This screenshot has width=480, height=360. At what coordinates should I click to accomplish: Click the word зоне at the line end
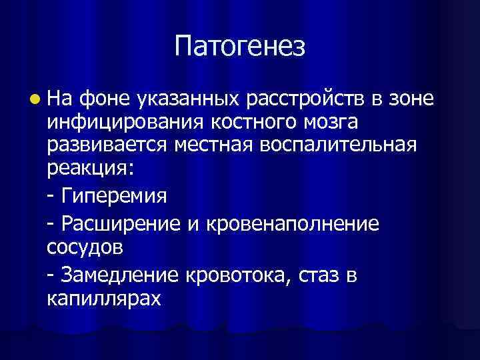(x=411, y=99)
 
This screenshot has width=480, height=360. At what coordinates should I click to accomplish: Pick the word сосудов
(x=85, y=248)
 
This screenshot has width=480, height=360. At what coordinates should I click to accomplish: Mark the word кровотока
(x=240, y=275)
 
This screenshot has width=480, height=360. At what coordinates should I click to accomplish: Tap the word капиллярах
(x=104, y=299)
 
